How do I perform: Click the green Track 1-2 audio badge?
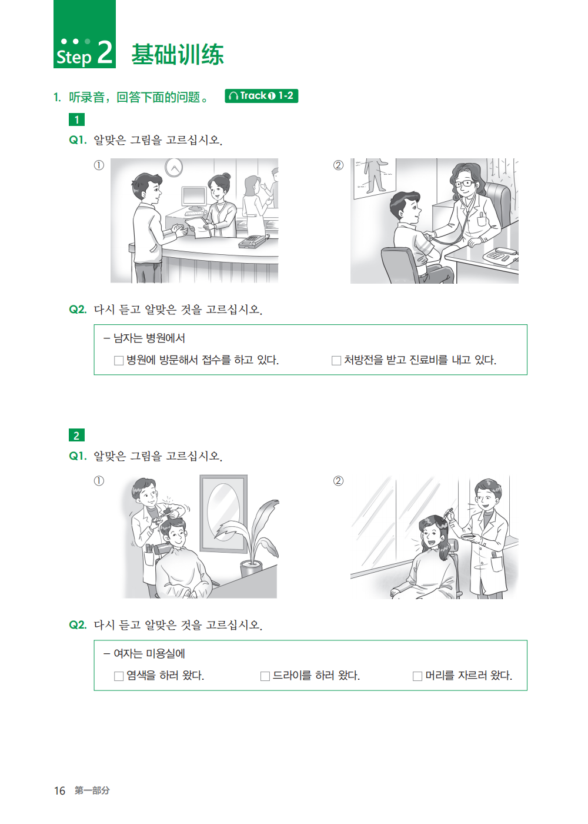(261, 96)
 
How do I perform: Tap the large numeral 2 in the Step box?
(105, 52)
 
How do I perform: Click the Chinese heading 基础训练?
(178, 55)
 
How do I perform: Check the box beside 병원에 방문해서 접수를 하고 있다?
(119, 360)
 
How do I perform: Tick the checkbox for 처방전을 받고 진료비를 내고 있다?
(336, 360)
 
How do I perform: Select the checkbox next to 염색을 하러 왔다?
(119, 676)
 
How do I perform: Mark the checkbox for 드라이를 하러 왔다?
(265, 676)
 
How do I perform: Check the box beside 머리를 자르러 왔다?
(417, 676)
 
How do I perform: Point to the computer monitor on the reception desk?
(193, 198)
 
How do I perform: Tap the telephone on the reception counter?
(252, 241)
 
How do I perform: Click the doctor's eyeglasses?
(464, 183)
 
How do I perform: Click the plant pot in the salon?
(252, 569)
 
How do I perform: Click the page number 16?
(59, 790)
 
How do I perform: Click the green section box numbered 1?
(76, 119)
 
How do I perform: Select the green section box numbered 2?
(76, 435)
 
